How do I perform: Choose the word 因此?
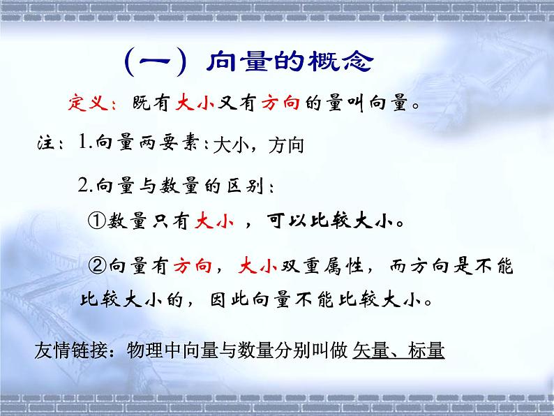click(x=229, y=302)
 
